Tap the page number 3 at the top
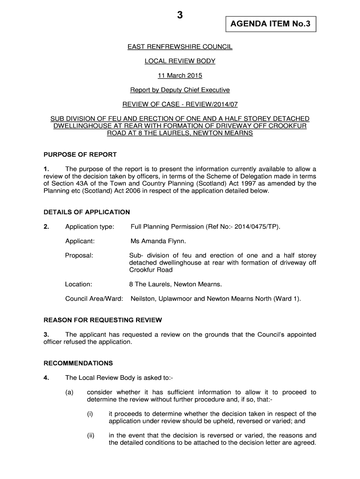click(x=180, y=15)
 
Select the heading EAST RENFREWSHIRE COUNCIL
click(x=180, y=47)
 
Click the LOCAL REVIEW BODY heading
click(x=180, y=61)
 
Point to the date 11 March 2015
click(x=180, y=76)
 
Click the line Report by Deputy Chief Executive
click(x=180, y=90)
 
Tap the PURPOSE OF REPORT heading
click(x=80, y=154)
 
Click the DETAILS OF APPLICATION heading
click(x=86, y=212)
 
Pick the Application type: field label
click(x=90, y=227)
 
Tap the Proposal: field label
click(x=79, y=255)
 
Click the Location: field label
click(x=79, y=284)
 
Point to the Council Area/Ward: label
click(x=94, y=298)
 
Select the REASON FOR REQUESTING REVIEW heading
click(x=102, y=320)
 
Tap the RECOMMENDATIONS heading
click(x=78, y=363)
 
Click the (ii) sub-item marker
click(x=91, y=435)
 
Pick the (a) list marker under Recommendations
click(x=70, y=392)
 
